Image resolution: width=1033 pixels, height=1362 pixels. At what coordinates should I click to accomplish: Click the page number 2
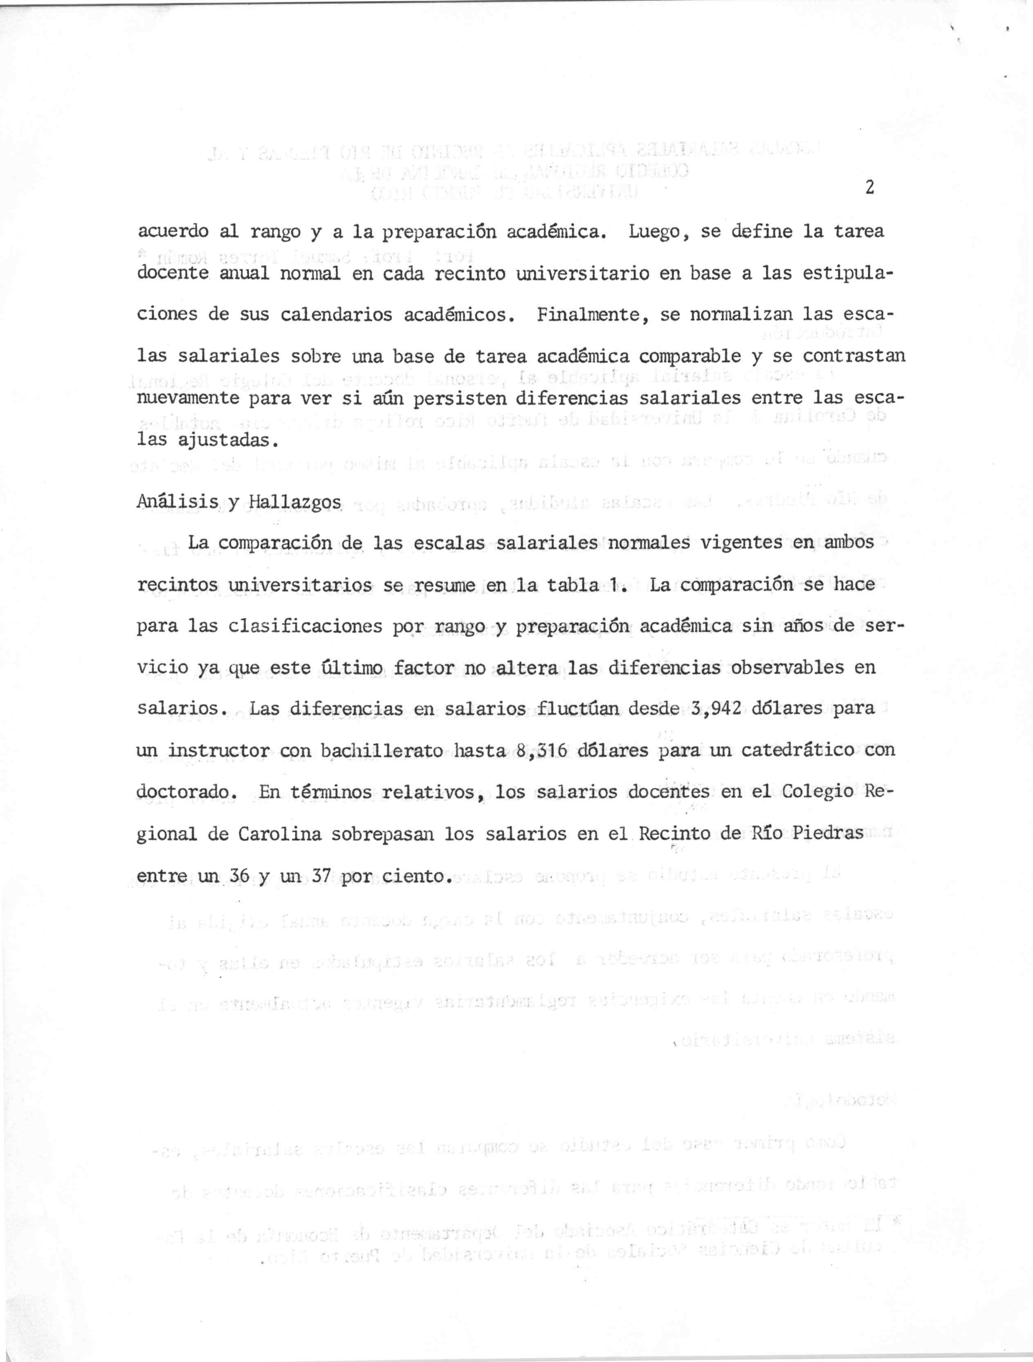point(870,188)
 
